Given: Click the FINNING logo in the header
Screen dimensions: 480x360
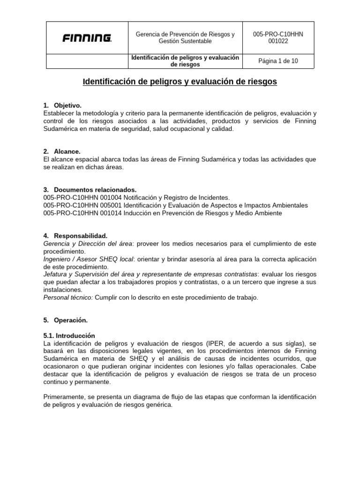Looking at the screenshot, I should click(87, 38).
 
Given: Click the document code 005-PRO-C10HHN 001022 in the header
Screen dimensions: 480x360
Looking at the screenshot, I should click(278, 37).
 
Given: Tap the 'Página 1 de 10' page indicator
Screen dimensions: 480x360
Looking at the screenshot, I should click(278, 61).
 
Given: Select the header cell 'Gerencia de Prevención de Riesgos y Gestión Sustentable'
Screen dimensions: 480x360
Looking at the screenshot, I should click(185, 37).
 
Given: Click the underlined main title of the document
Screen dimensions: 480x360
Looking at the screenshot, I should click(180, 82).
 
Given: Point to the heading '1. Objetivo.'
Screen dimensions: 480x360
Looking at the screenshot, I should click(62, 105).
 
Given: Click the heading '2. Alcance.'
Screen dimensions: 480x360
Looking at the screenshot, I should click(62, 151).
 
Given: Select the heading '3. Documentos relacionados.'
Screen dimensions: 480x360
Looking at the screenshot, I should click(90, 190).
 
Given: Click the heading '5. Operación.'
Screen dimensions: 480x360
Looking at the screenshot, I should click(66, 320).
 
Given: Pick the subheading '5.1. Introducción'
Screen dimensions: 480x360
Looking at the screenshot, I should click(69, 336).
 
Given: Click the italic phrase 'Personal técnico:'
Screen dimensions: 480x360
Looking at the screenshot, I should click(68, 297).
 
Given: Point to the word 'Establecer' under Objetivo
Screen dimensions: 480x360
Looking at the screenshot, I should click(59, 113).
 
